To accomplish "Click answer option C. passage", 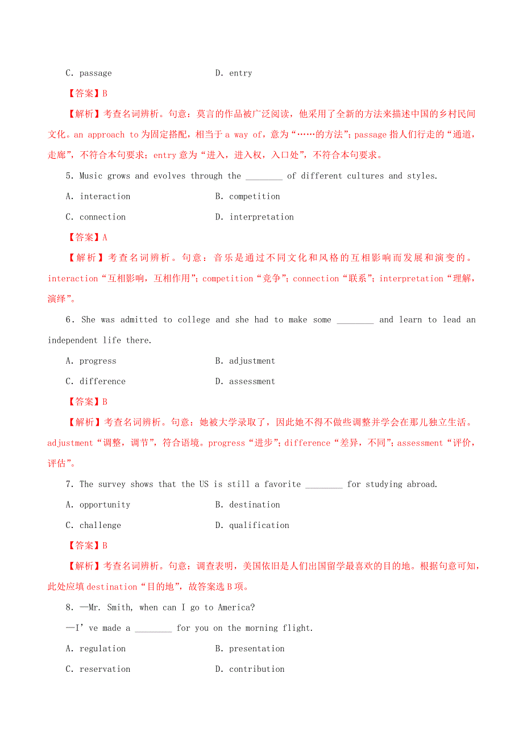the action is click(x=89, y=73).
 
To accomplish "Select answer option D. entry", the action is click(x=234, y=73).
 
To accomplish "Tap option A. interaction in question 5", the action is click(x=98, y=197).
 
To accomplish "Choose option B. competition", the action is click(x=248, y=197).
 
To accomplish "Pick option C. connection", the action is click(x=96, y=217).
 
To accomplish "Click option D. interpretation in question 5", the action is click(x=255, y=217).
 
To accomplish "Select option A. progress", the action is click(x=91, y=361).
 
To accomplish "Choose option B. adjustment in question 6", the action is click(x=245, y=361).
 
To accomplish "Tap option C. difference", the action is click(x=96, y=381).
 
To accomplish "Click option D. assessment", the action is click(x=245, y=381).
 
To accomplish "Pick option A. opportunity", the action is click(x=98, y=505).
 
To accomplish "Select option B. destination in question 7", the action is click(x=248, y=505).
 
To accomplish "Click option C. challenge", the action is click(x=94, y=525).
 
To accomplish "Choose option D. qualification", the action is click(x=252, y=525).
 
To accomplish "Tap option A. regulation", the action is click(x=96, y=648).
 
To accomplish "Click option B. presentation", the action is click(x=250, y=648).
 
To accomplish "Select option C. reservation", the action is click(x=98, y=669).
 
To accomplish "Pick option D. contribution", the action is click(x=250, y=669).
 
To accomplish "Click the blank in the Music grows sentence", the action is click(x=264, y=177).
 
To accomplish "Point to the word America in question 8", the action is click(x=234, y=608).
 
